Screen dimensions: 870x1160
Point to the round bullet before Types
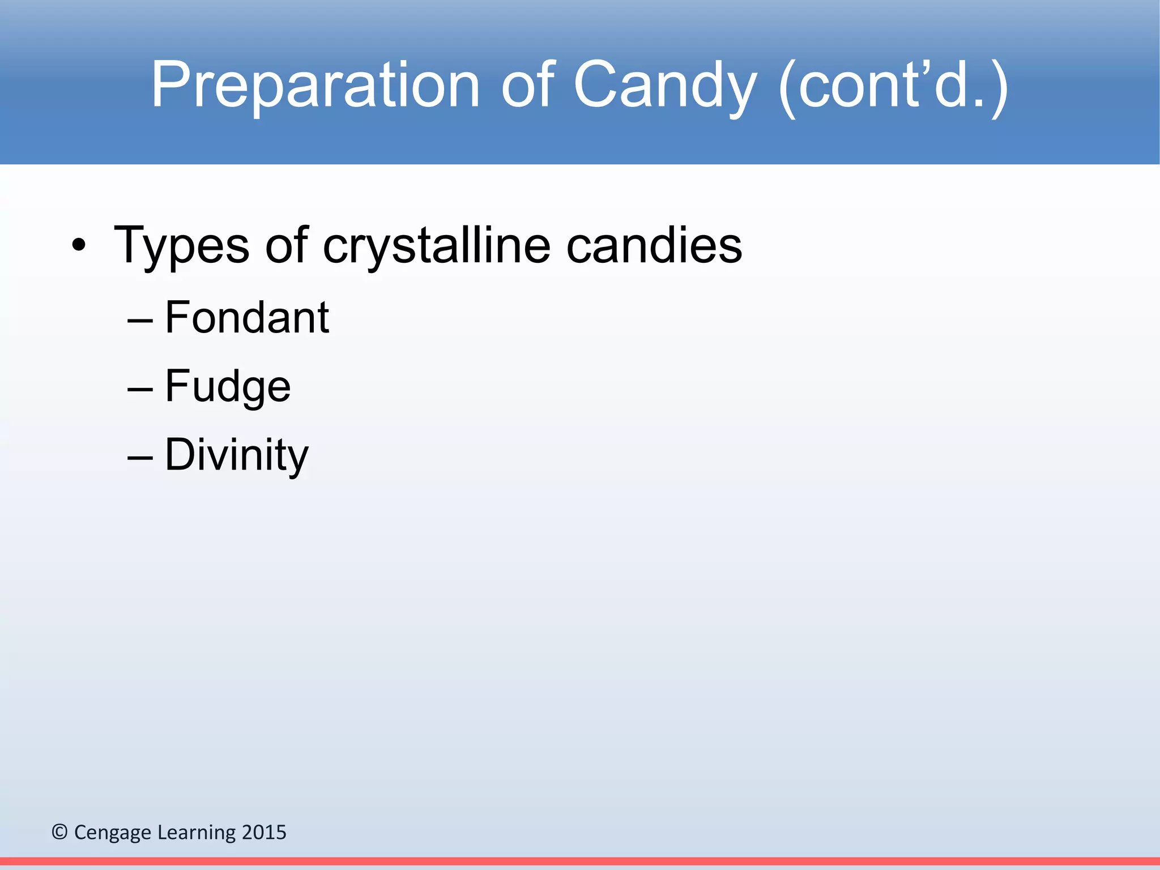(x=79, y=246)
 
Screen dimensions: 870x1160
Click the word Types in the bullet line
(x=181, y=246)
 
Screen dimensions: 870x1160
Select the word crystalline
(x=436, y=246)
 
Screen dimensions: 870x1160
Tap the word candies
(x=654, y=246)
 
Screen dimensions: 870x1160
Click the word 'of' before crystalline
(x=287, y=246)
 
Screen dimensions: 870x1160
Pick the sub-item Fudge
(x=228, y=386)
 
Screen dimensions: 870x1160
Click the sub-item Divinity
(x=236, y=454)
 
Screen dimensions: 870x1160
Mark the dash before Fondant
(x=140, y=321)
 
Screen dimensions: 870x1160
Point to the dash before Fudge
(x=140, y=390)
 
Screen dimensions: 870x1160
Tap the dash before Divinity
(x=140, y=458)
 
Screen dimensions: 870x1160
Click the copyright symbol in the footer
(x=59, y=832)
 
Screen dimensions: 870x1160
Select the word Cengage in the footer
(x=113, y=833)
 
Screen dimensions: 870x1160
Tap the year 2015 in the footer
(x=264, y=832)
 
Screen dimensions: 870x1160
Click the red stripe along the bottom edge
(x=580, y=862)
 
